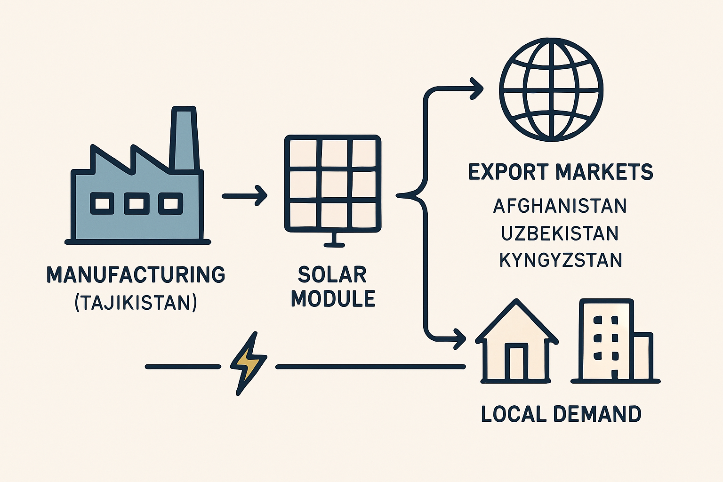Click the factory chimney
tap(185, 139)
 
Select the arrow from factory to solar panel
tap(245, 196)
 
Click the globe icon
tap(551, 90)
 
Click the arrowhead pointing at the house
tap(459, 339)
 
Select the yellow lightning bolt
tap(248, 363)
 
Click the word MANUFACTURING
tap(136, 275)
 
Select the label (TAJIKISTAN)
tap(136, 303)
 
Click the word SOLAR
tap(332, 275)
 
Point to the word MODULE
tap(333, 298)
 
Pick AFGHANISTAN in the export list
tap(560, 206)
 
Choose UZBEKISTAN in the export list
tap(560, 233)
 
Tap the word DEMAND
tap(597, 414)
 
